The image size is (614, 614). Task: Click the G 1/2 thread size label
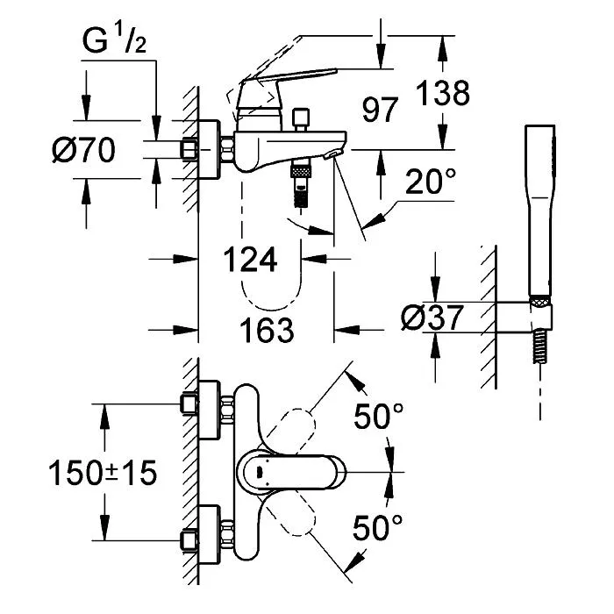[x=114, y=40]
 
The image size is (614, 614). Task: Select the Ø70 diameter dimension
[x=84, y=150]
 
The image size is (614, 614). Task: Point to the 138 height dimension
[x=442, y=93]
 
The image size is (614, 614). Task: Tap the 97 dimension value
[x=380, y=110]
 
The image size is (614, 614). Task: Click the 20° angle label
[x=431, y=182]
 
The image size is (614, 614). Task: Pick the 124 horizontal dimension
[x=250, y=260]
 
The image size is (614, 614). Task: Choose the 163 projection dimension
[x=267, y=330]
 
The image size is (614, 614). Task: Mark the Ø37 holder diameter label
[x=432, y=318]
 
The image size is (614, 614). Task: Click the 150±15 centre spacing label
[x=103, y=473]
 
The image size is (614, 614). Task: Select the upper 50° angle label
[x=378, y=416]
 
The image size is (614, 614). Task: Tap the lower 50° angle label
[x=377, y=527]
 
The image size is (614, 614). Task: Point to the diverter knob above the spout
[x=301, y=119]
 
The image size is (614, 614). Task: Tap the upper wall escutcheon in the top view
[x=209, y=410]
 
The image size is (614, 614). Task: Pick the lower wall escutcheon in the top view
[x=209, y=535]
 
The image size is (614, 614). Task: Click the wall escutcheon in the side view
[x=209, y=149]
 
